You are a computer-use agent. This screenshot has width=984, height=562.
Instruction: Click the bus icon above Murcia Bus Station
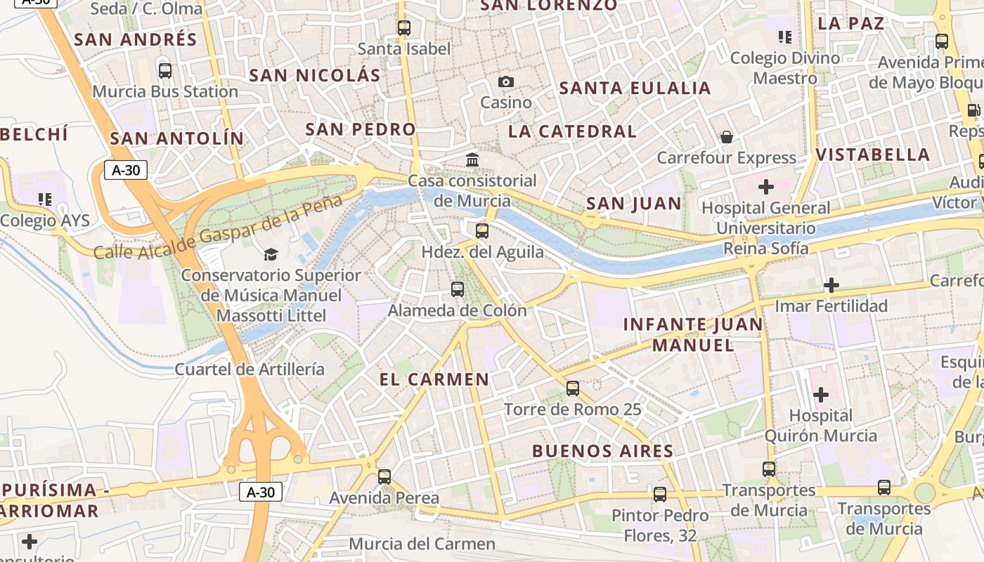pos(165,71)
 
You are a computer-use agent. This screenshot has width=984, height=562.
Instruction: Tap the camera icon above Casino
pos(505,82)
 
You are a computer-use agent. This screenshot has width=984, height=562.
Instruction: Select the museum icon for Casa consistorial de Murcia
pos(472,160)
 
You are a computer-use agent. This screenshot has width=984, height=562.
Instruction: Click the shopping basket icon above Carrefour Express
pos(727,137)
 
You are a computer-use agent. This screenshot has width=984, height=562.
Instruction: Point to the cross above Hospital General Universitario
pos(766,187)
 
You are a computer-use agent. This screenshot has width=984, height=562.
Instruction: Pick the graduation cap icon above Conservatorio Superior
pos(271,254)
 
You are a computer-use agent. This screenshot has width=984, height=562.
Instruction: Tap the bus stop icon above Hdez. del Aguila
pos(482,230)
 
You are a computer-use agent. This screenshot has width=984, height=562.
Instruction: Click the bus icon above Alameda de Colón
pos(458,289)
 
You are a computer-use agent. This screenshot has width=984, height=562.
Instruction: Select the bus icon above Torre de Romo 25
pos(573,388)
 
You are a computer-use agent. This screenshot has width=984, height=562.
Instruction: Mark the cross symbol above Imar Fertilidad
pos(831,285)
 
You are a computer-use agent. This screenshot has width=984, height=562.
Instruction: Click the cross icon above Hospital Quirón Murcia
pos(820,395)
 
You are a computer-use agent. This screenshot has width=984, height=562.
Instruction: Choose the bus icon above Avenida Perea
pos(384,476)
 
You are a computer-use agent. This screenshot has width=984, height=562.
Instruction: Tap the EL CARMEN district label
pos(434,379)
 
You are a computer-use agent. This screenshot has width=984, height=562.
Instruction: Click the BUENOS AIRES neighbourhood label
pos(603,451)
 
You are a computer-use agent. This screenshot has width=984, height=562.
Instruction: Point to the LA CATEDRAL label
pos(572,131)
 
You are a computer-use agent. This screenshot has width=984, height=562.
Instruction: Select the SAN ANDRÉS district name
pos(136,39)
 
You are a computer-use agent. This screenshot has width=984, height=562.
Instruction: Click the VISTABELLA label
pos(873,155)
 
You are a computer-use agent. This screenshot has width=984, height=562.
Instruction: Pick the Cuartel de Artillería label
pos(250,369)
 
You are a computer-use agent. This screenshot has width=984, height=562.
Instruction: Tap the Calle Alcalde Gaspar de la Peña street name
pos(218,228)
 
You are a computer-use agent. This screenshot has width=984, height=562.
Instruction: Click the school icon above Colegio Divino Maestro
pos(785,37)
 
